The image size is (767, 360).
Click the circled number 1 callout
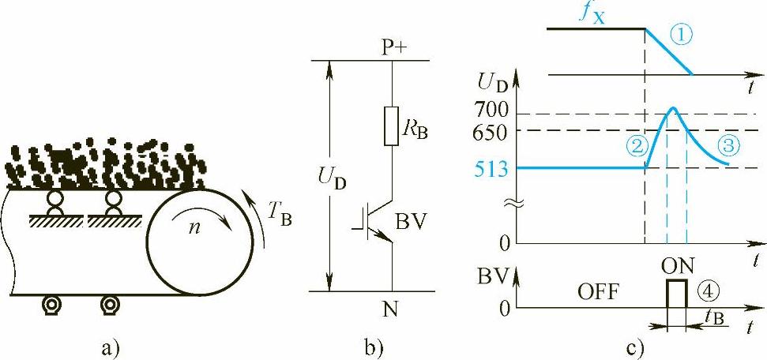pyautogui.click(x=680, y=35)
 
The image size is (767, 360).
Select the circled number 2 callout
pyautogui.click(x=638, y=145)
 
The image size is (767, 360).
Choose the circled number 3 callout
pyautogui.click(x=728, y=144)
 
